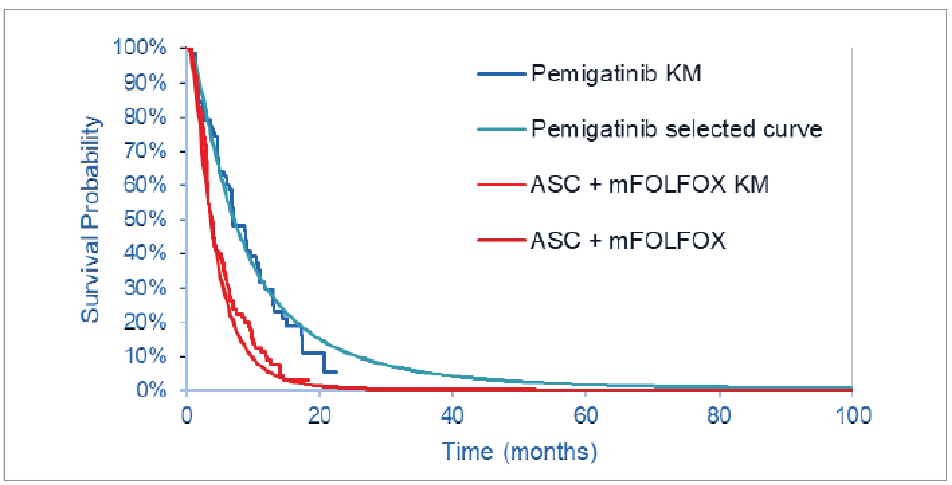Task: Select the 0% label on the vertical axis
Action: point(152,390)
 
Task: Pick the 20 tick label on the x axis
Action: point(319,415)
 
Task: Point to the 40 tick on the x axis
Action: point(452,415)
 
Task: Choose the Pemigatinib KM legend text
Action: point(616,74)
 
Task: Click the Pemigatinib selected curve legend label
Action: point(676,129)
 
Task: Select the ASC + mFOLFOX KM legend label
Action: point(649,184)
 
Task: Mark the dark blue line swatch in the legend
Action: point(501,74)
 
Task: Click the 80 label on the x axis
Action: point(719,415)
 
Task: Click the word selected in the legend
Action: point(710,129)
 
